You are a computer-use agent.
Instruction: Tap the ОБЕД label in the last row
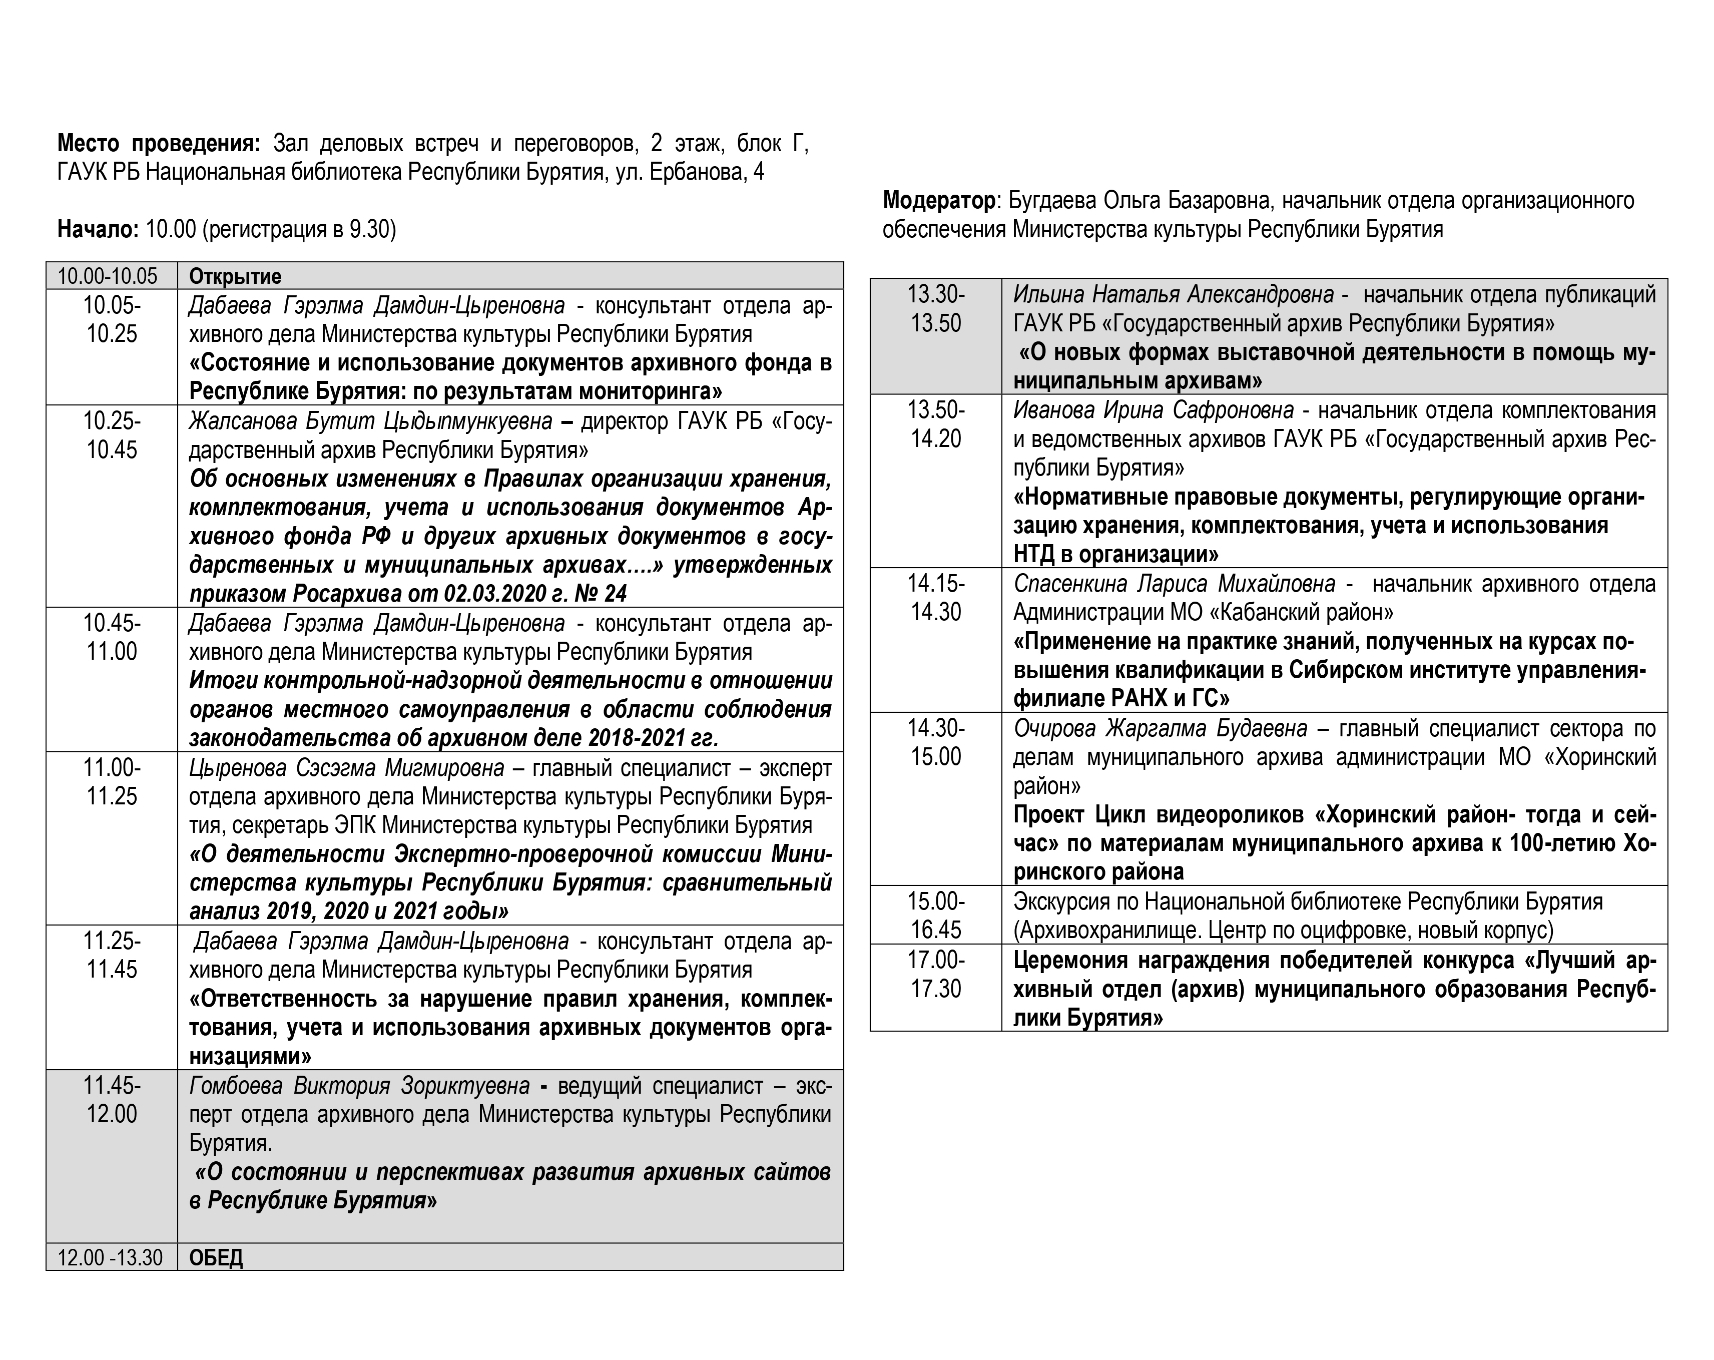216,1257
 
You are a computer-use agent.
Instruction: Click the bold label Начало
98,230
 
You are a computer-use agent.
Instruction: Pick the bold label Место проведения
158,144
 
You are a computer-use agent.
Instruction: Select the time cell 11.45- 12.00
111,1100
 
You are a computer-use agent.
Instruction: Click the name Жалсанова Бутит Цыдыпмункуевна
370,421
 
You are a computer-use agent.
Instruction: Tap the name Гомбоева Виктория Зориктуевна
359,1086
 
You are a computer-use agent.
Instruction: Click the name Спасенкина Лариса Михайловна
1174,584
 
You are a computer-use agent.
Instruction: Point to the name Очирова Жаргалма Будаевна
1160,728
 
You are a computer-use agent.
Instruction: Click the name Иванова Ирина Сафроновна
1154,410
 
